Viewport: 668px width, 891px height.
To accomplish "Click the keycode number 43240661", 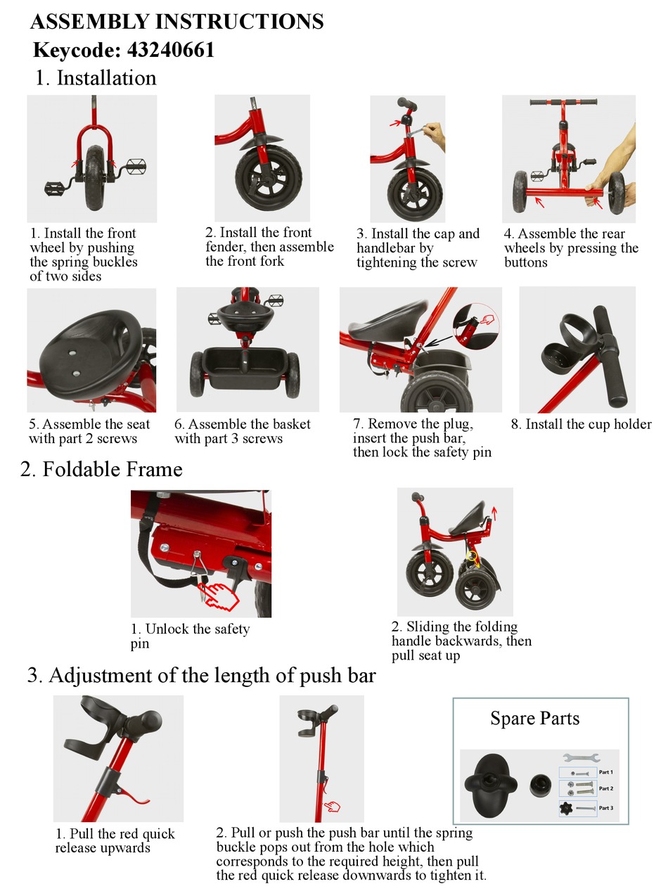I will pos(171,50).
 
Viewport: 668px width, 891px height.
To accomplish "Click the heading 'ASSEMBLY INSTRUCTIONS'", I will pos(176,22).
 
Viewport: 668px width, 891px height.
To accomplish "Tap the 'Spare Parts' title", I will pos(534,719).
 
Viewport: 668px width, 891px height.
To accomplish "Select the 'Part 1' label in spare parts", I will pos(605,771).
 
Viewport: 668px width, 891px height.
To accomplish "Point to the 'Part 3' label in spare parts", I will pos(605,808).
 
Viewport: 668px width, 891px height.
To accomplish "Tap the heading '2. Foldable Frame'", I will pos(101,470).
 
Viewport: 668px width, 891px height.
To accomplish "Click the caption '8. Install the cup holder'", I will pos(581,424).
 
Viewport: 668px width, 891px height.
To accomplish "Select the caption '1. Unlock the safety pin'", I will pos(190,636).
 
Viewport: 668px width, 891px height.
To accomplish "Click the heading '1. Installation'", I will pos(96,77).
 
